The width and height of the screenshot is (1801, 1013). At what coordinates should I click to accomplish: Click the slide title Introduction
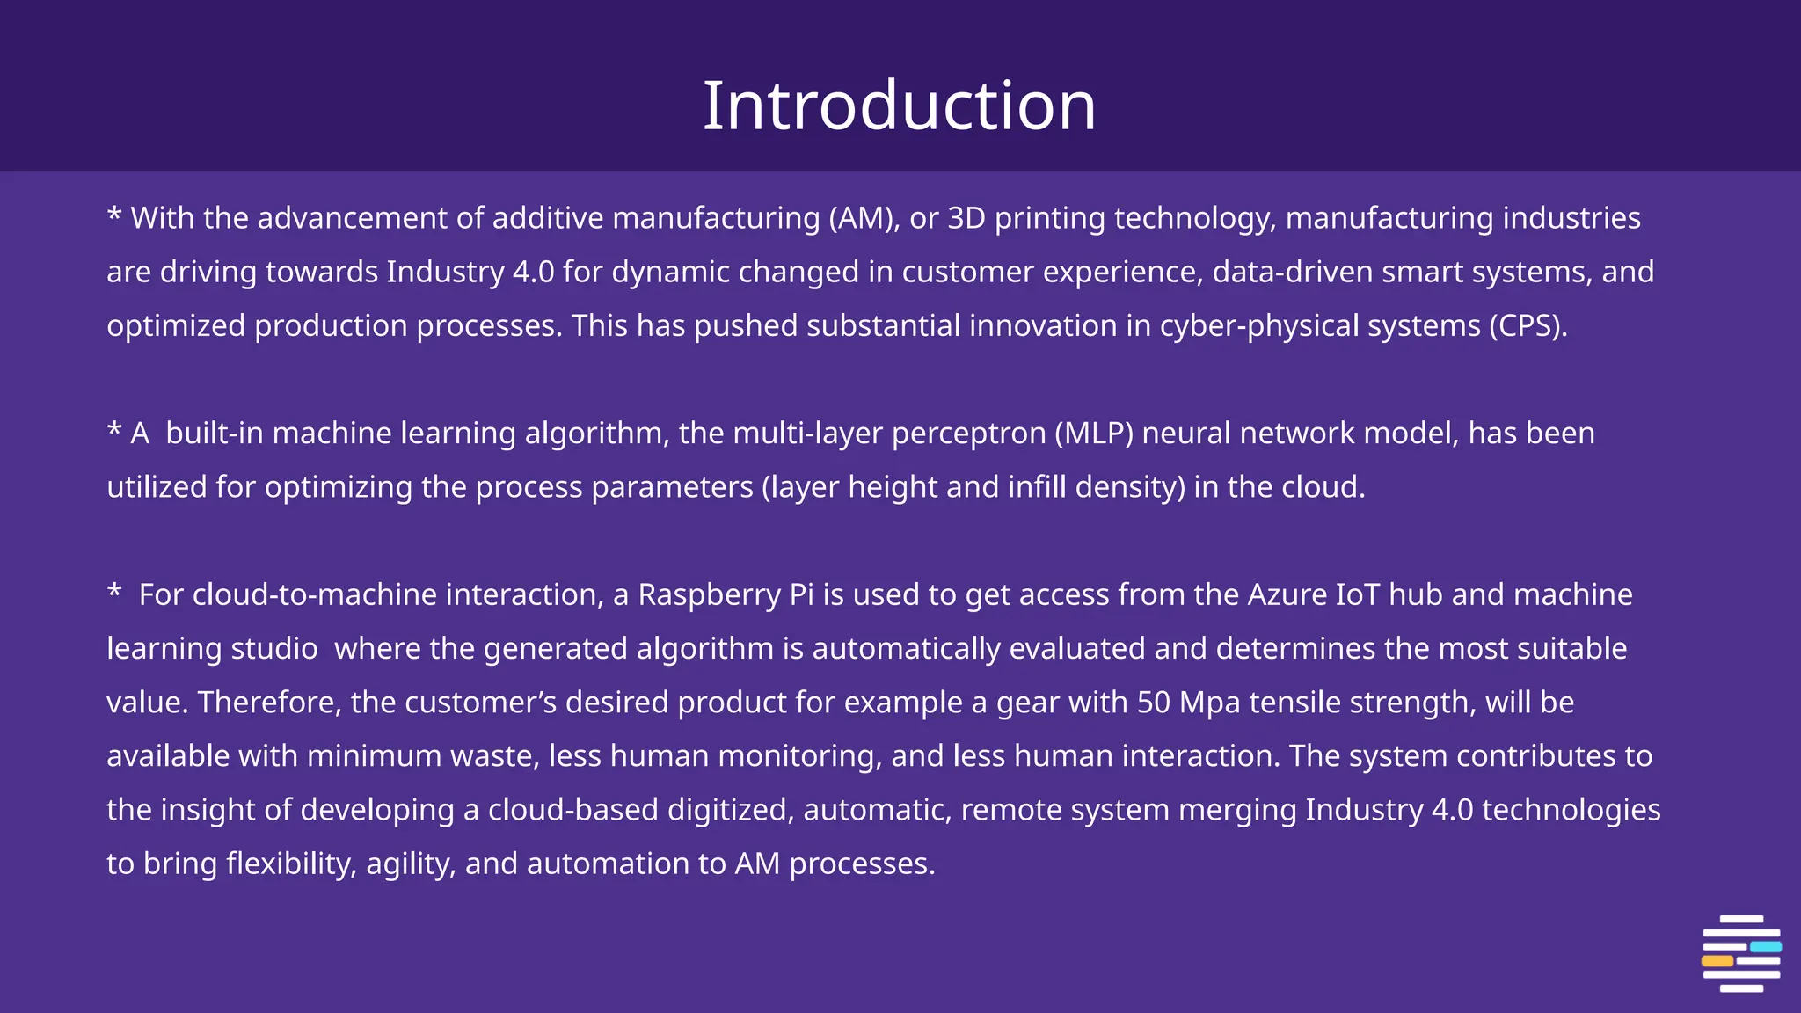click(899, 106)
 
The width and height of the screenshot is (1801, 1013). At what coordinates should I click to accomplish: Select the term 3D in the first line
click(966, 218)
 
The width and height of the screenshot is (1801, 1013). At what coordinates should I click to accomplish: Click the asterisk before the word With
click(114, 215)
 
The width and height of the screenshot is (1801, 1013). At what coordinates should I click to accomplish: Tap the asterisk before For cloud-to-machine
click(114, 591)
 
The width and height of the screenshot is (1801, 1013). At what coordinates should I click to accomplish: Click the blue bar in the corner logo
click(1765, 947)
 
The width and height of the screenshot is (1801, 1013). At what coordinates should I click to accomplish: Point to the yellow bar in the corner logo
click(1717, 961)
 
